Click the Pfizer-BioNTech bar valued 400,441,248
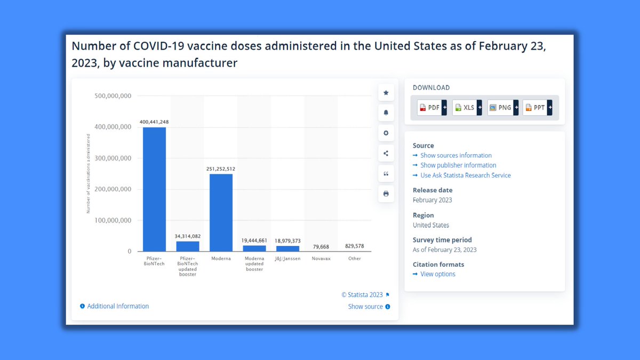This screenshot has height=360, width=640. (x=154, y=189)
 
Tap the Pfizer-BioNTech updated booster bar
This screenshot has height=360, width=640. (x=187, y=246)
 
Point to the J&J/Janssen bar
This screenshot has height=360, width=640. (x=287, y=248)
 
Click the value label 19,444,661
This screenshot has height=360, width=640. (x=254, y=241)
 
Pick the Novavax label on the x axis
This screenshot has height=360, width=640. (x=321, y=259)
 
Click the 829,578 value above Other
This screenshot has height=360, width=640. (x=355, y=246)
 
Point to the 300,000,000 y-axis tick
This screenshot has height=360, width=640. (x=113, y=158)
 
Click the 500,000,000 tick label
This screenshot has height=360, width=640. (x=113, y=97)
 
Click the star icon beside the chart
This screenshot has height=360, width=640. (x=386, y=93)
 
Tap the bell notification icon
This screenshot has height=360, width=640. (x=386, y=113)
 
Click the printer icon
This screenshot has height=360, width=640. (x=386, y=194)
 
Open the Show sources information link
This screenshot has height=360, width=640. (x=455, y=156)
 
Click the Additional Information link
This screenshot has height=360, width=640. (x=117, y=306)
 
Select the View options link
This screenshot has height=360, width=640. (x=437, y=274)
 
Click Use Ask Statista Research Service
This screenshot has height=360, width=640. (x=465, y=175)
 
